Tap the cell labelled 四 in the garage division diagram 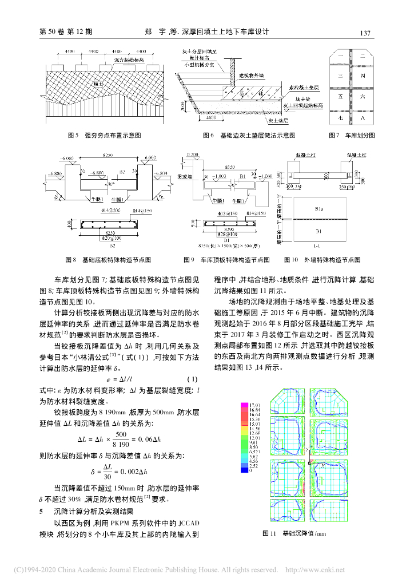click(362, 76)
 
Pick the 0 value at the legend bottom click(252, 470)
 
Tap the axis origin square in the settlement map click(309, 461)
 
